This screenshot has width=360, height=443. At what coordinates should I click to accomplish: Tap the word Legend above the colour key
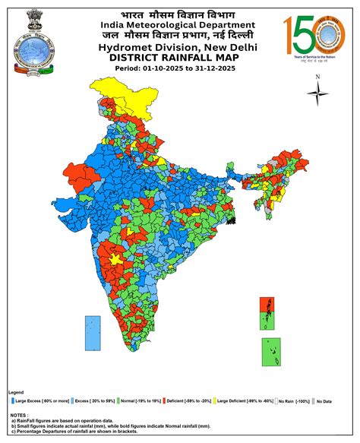(x=16, y=392)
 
